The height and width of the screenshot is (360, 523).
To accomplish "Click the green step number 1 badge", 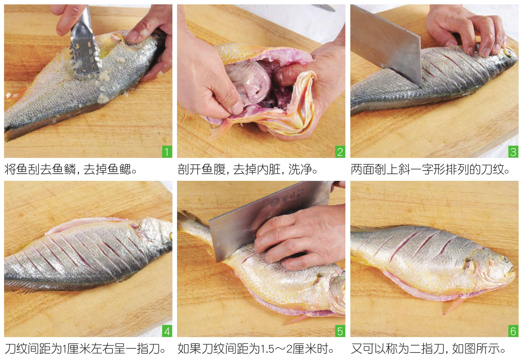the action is pyautogui.click(x=167, y=152).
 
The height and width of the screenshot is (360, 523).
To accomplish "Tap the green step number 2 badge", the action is pyautogui.click(x=340, y=152).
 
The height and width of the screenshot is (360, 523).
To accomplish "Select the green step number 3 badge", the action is pyautogui.click(x=513, y=152).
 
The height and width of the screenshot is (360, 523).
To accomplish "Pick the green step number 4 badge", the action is pyautogui.click(x=167, y=331).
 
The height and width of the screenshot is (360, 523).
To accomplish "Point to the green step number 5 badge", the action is pyautogui.click(x=340, y=331).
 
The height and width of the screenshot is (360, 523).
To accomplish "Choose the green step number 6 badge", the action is pyautogui.click(x=513, y=331).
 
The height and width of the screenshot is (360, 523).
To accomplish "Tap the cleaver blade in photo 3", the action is pyautogui.click(x=386, y=44).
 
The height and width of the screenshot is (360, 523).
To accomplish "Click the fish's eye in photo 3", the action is pyautogui.click(x=509, y=52).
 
